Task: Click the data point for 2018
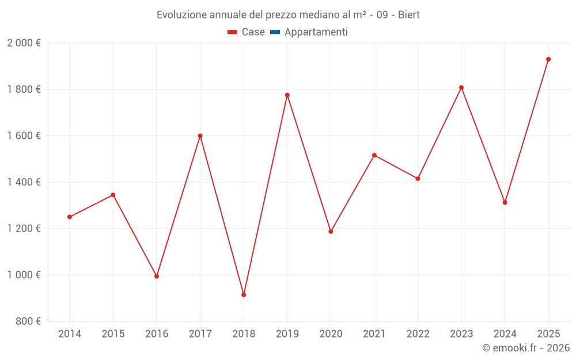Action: (244, 295)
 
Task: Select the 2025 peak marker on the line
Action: (548, 59)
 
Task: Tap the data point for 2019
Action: (287, 95)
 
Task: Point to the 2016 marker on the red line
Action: (157, 276)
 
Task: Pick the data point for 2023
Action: (461, 88)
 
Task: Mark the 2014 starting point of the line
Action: (70, 217)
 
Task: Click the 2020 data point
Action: (331, 232)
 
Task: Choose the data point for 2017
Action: (200, 136)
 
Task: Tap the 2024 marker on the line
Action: (505, 203)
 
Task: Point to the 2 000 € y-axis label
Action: (24, 43)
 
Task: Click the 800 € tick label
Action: (29, 321)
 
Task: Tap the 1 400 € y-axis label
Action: (24, 182)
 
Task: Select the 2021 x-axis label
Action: (374, 334)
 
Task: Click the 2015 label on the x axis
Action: (113, 334)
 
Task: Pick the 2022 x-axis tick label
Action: (418, 334)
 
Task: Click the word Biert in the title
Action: (408, 15)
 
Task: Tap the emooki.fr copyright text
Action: (525, 348)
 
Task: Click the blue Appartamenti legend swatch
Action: (274, 32)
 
